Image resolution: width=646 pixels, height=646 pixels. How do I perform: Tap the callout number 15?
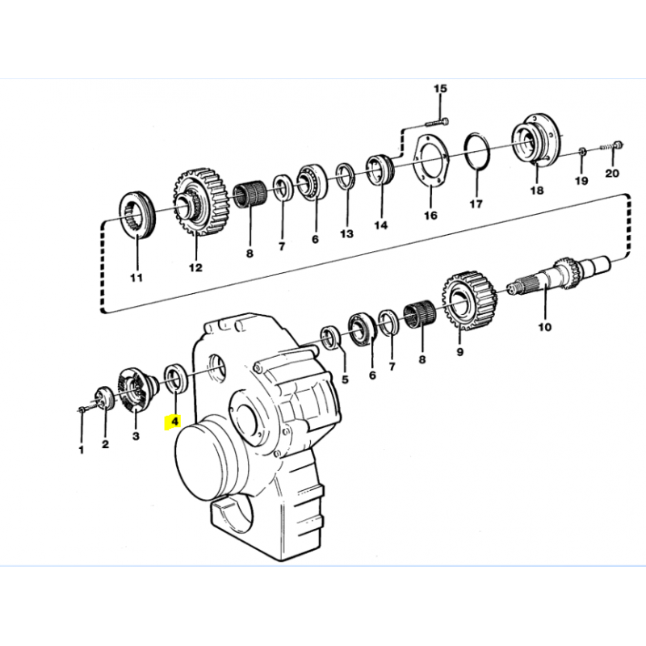(440, 89)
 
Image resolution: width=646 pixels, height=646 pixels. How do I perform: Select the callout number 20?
(612, 173)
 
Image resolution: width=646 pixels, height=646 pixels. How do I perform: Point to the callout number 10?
(544, 327)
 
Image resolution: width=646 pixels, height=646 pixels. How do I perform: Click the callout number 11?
(136, 278)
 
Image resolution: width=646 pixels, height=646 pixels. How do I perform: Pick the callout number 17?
(476, 204)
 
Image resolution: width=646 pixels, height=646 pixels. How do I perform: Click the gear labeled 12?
(199, 201)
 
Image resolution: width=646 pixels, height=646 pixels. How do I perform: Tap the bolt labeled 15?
(435, 122)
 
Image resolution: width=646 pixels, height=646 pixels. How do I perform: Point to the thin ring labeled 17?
(466, 153)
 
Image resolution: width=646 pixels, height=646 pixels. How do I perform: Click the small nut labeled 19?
(582, 151)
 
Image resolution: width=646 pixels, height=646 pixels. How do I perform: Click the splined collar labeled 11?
(136, 214)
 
